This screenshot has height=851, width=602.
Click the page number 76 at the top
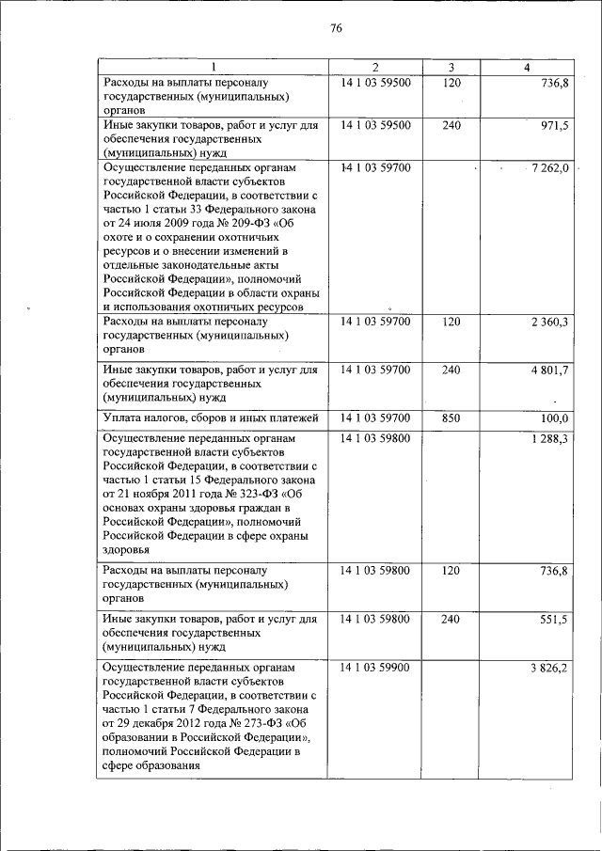pos(336,29)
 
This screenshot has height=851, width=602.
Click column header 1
pos(213,66)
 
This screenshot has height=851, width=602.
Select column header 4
pos(527,66)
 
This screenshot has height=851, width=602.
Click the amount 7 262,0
pos(549,167)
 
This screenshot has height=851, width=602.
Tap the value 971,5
pos(554,125)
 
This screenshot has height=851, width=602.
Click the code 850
pos(451,418)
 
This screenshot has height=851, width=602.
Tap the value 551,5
pos(554,620)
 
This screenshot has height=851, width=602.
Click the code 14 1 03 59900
pos(375,668)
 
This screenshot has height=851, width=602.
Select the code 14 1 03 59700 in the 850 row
pos(375,418)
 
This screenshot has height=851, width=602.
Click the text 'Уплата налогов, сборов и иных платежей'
pos(211,418)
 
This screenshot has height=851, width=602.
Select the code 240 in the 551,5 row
pos(451,620)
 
